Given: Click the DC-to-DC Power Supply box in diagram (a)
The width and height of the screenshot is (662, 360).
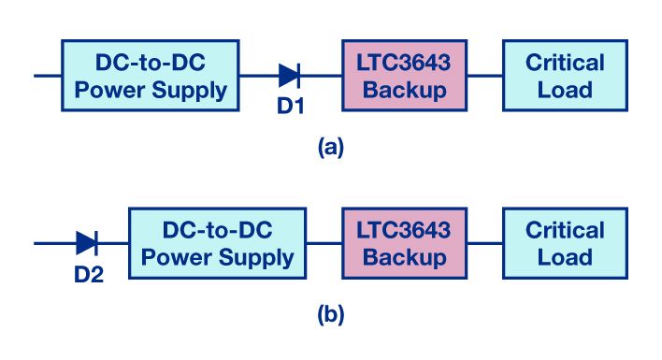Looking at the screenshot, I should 151,76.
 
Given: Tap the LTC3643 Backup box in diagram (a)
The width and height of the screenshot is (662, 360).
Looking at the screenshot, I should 404,76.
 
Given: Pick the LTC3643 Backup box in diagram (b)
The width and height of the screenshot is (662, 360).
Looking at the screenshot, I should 404,243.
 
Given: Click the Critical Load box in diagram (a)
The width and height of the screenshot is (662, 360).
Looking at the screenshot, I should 565,76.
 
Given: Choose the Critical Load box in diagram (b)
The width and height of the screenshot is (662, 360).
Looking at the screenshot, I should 565,243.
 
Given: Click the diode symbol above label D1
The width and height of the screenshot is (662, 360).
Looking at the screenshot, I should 289,75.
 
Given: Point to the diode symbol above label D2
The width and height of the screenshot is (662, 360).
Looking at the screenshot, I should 87,243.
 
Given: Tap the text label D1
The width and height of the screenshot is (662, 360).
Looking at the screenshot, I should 290,107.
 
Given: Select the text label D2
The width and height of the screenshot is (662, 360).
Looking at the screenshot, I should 88,275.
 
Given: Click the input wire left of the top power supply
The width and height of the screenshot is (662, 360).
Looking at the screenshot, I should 48,75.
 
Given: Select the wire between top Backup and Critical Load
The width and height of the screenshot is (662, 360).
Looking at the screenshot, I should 484,75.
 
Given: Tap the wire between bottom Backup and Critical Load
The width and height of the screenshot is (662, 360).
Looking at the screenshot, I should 484,243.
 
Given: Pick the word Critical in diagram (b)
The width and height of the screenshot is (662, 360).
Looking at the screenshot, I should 565,230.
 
